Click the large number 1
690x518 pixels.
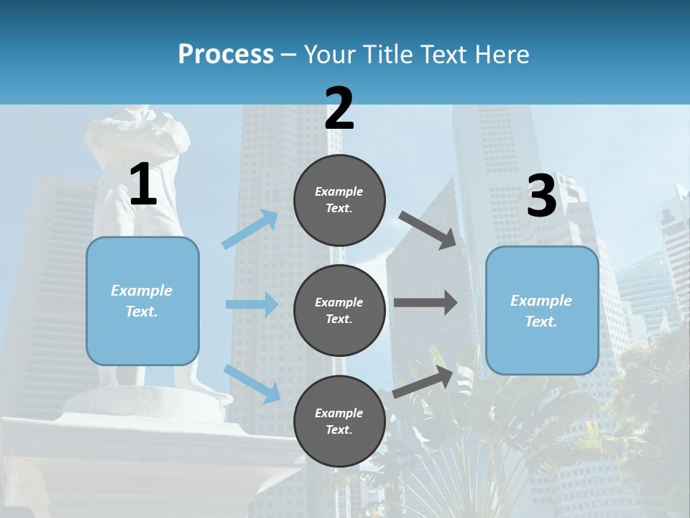(143, 185)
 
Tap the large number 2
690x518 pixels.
(339, 109)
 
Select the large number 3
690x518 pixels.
(541, 196)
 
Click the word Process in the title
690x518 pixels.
(226, 54)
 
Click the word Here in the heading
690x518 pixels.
(501, 54)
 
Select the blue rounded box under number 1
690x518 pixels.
(142, 301)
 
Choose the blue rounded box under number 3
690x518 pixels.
(542, 310)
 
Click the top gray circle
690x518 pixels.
(339, 200)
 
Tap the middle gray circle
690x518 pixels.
(339, 310)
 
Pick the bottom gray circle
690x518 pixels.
(339, 421)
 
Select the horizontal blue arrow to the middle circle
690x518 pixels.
(252, 304)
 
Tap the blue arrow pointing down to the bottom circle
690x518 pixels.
(252, 383)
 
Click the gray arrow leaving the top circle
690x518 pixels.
(427, 230)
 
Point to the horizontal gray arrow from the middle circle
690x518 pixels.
(425, 303)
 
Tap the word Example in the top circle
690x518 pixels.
(339, 191)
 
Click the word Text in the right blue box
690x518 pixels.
(540, 322)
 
